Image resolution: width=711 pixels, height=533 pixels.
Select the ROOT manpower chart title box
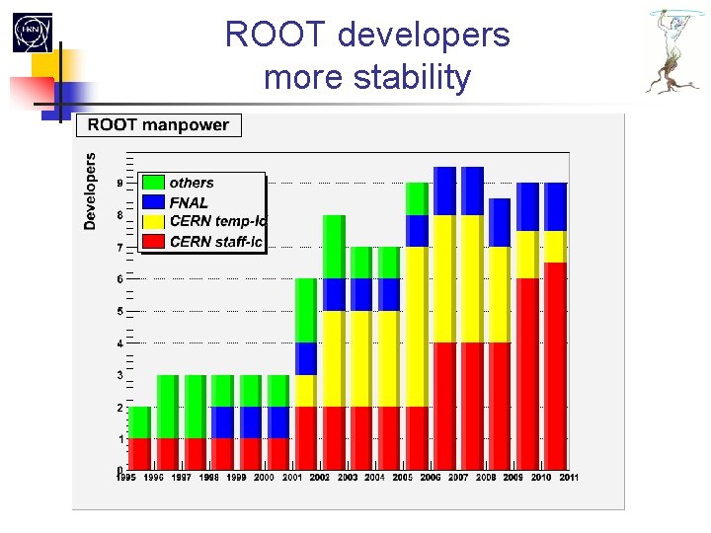pyautogui.click(x=159, y=125)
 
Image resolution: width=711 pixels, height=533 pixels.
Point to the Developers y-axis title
pyautogui.click(x=91, y=190)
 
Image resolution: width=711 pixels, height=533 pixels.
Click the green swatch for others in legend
pyautogui.click(x=153, y=183)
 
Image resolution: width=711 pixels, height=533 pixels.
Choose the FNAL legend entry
pyautogui.click(x=189, y=202)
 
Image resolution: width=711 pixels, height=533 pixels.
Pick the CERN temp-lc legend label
pyautogui.click(x=217, y=221)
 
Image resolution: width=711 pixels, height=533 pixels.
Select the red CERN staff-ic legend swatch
pyautogui.click(x=153, y=241)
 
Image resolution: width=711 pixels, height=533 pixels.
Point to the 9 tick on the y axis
pyautogui.click(x=120, y=183)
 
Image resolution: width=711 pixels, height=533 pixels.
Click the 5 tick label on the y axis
pyautogui.click(x=120, y=311)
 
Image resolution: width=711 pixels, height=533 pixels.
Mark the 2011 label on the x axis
pyautogui.click(x=569, y=478)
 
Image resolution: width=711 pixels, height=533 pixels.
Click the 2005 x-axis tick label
pyautogui.click(x=404, y=478)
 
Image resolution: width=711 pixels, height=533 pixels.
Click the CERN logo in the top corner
pyautogui.click(x=32, y=33)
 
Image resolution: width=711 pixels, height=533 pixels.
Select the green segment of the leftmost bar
pyautogui.click(x=140, y=422)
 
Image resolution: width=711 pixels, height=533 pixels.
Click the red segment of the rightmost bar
pyautogui.click(x=556, y=365)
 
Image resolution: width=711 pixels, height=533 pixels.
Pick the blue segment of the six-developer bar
pyautogui.click(x=306, y=358)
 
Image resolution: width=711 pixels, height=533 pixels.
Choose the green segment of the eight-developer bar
pyautogui.click(x=334, y=247)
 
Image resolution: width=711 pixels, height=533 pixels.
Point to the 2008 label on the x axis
pyautogui.click(x=487, y=478)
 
